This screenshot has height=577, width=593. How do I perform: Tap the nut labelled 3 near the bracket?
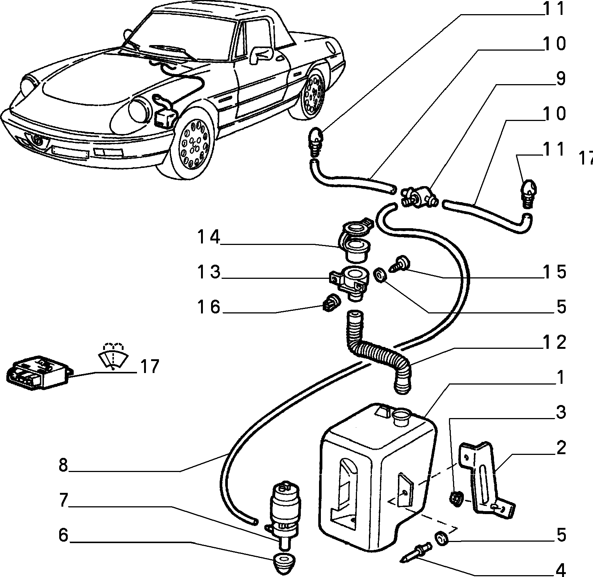(x=456, y=498)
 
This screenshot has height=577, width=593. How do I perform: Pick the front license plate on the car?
(x=71, y=152)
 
